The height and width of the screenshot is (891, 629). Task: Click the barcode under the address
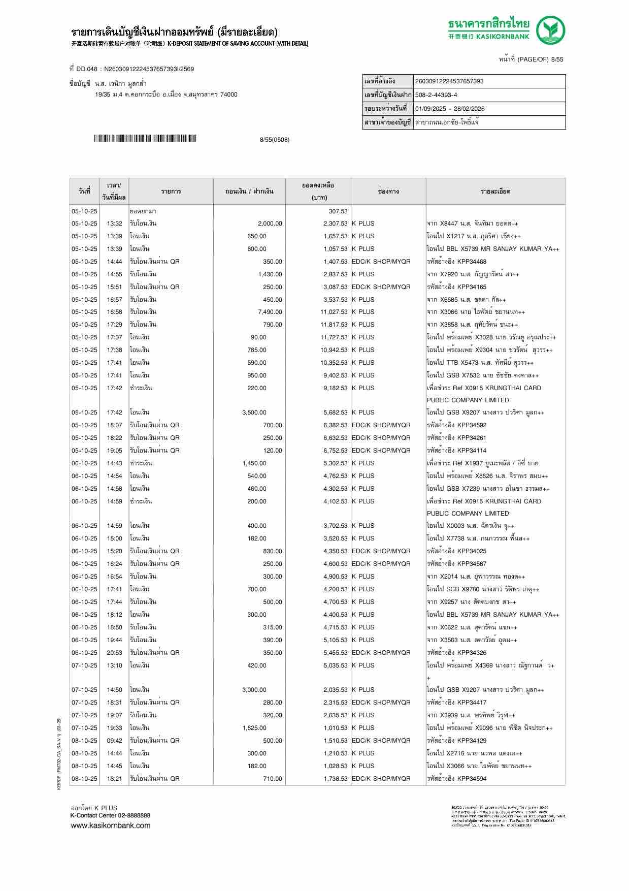145,139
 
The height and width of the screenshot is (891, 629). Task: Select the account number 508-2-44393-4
436,95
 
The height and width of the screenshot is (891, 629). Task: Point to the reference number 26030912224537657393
449,81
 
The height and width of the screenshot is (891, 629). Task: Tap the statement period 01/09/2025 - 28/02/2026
450,109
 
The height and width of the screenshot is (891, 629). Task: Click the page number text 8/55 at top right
557,59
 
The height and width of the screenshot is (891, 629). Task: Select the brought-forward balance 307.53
338,211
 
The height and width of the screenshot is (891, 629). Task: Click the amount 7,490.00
270,312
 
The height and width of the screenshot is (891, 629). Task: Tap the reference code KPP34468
472,262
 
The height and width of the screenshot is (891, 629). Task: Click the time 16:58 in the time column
114,312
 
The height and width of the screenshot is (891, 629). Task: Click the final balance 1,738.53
336,779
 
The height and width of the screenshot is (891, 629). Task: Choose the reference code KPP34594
472,779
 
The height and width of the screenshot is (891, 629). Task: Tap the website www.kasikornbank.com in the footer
110,825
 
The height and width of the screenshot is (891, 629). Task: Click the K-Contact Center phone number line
110,815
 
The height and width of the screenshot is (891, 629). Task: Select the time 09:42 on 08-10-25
114,741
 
